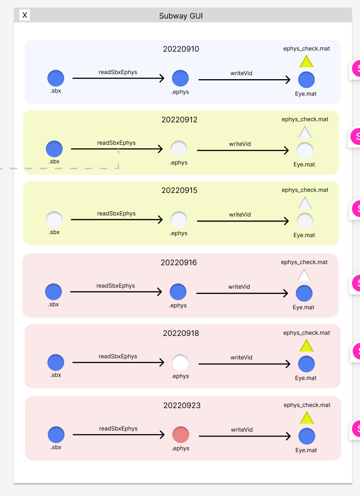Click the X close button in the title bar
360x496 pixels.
coord(25,15)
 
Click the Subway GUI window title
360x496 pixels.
coord(181,16)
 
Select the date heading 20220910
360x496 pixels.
coord(181,49)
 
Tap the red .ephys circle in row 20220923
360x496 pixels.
coord(181,435)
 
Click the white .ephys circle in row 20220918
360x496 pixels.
coord(180,363)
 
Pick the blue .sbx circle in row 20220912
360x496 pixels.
coord(54,149)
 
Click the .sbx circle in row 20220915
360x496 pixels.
coord(54,219)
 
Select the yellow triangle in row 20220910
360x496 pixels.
coord(306,61)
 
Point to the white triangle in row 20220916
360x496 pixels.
coord(304,275)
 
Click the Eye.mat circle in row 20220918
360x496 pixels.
coord(306,364)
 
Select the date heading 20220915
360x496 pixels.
coord(179,191)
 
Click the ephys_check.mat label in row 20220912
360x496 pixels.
coord(305,119)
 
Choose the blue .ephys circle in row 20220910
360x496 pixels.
coord(180,78)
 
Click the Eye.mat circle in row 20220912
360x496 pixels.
coord(305,151)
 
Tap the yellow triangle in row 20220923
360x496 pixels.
coord(307,418)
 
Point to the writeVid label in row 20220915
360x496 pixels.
coord(240,215)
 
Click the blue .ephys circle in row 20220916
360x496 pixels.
coord(178,292)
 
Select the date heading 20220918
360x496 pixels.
coord(181,333)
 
